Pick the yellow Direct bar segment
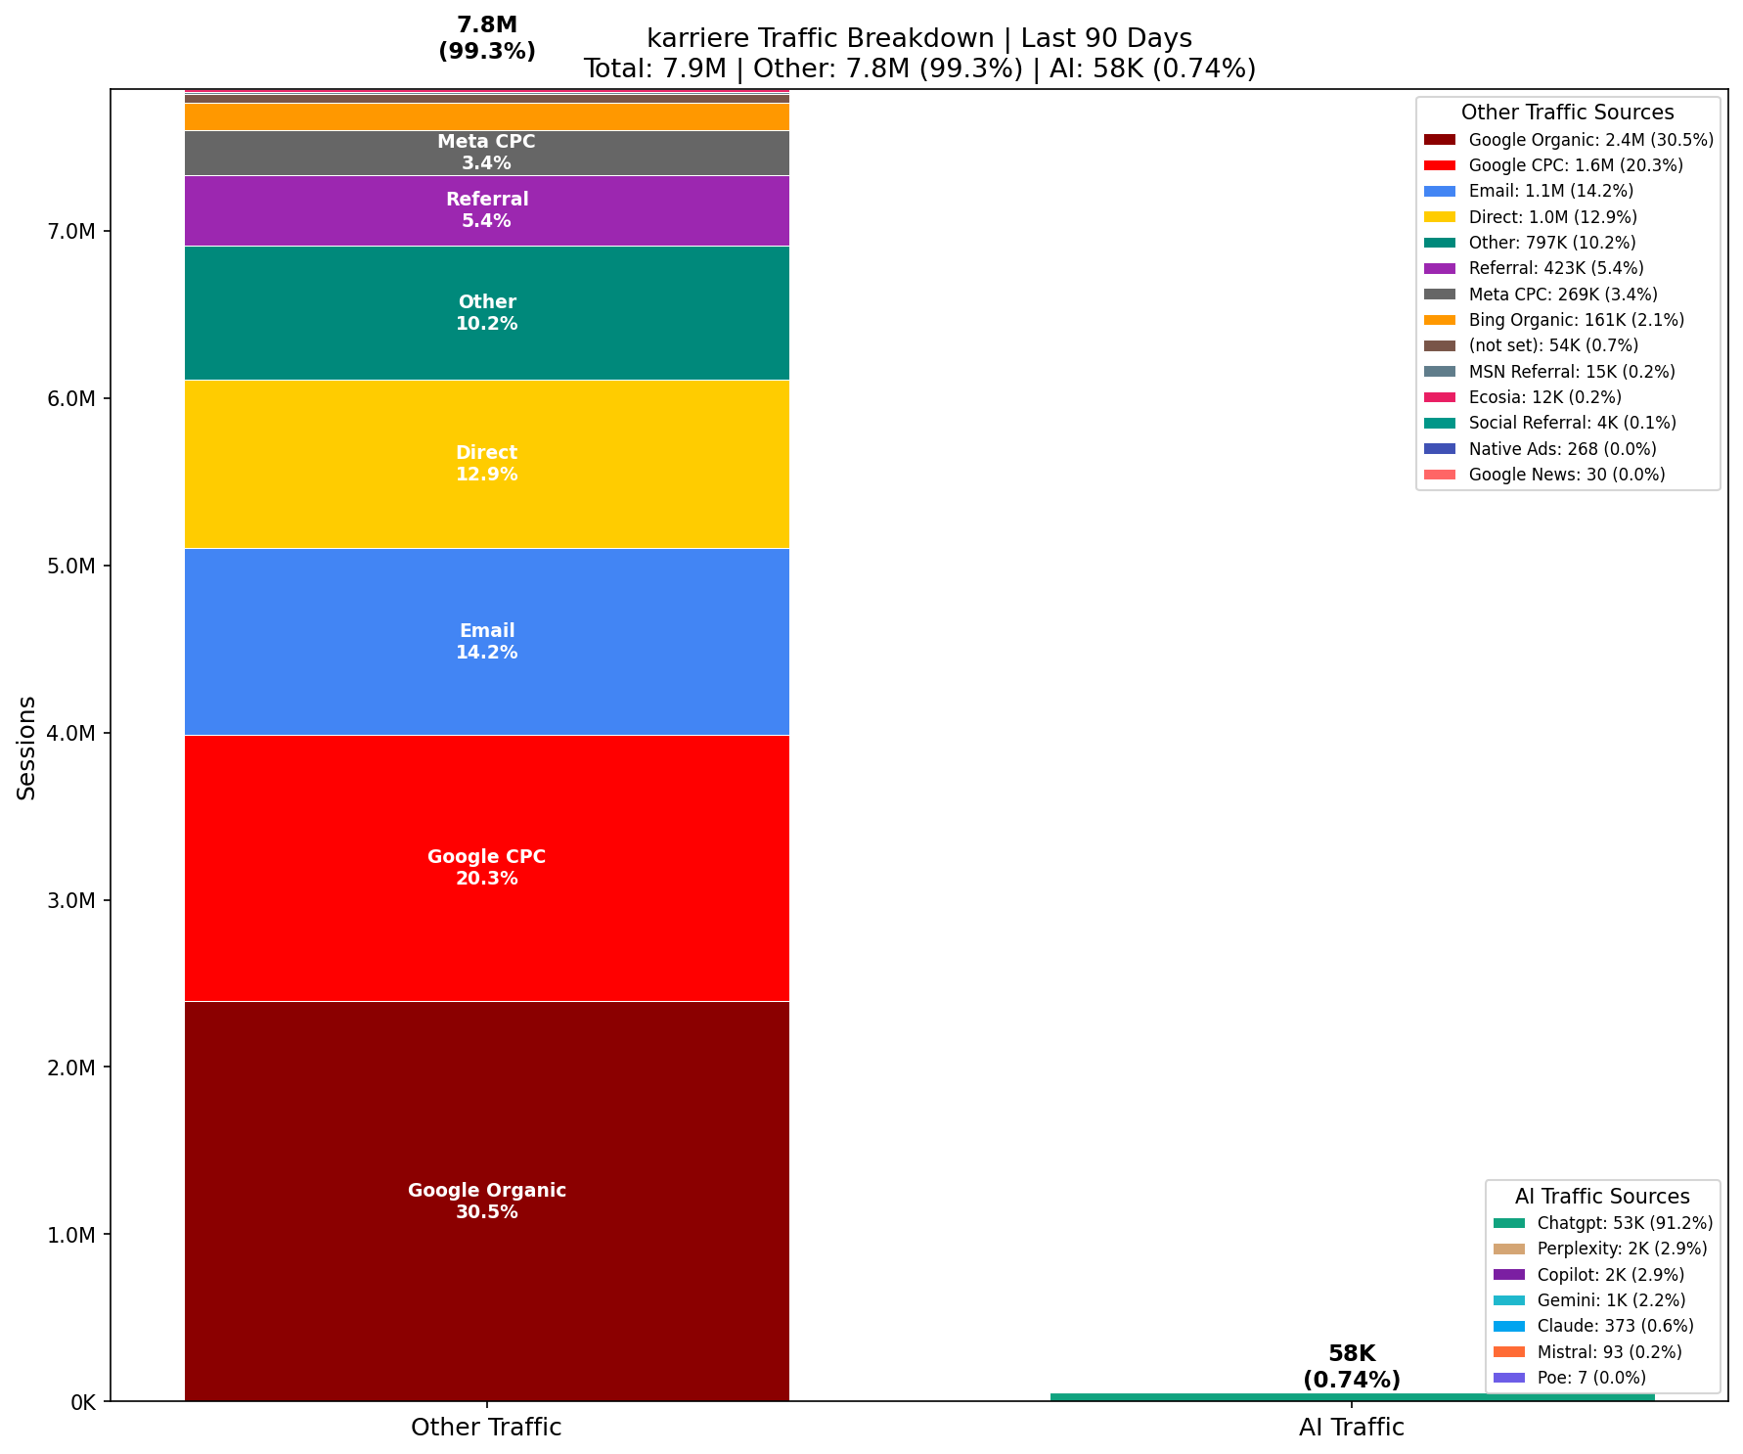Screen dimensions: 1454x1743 (486, 509)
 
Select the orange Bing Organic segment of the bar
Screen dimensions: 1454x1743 (486, 117)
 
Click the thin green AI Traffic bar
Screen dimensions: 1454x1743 (1352, 1397)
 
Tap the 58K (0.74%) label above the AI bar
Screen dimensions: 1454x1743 (1352, 1367)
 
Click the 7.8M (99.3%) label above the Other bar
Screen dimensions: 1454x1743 (486, 38)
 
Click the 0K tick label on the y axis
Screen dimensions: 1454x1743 (82, 1402)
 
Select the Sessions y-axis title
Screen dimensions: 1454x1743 (27, 748)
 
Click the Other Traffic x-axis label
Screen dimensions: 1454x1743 (486, 1428)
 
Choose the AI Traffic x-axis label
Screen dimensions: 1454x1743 (1352, 1428)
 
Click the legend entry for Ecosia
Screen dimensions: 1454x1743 (1544, 397)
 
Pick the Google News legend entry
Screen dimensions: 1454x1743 (1566, 475)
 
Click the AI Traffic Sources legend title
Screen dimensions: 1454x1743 (1602, 1197)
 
